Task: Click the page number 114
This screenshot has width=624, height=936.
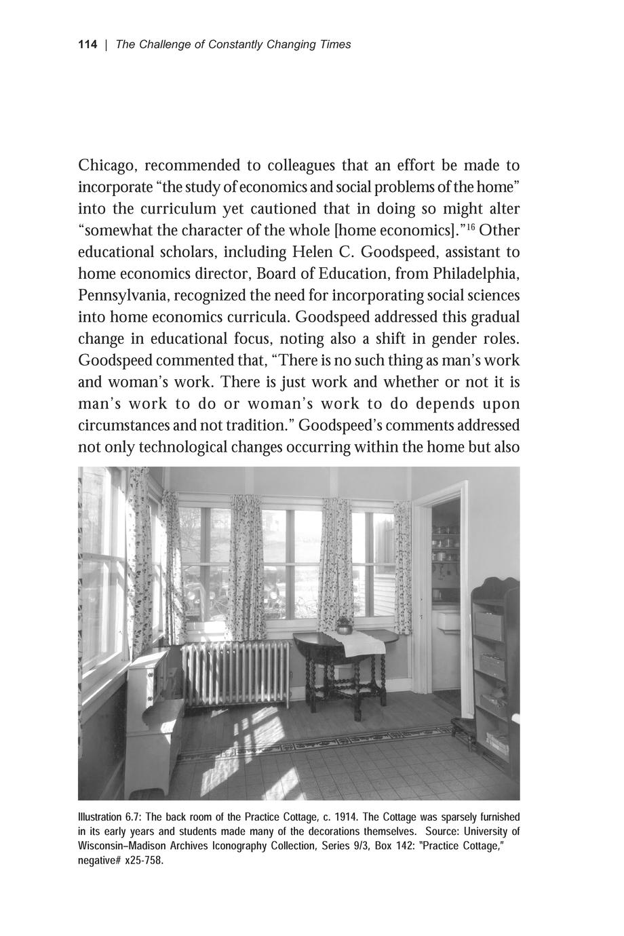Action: point(87,45)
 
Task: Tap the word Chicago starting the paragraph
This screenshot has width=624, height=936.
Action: point(108,166)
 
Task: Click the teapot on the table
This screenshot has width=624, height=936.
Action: point(344,625)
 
